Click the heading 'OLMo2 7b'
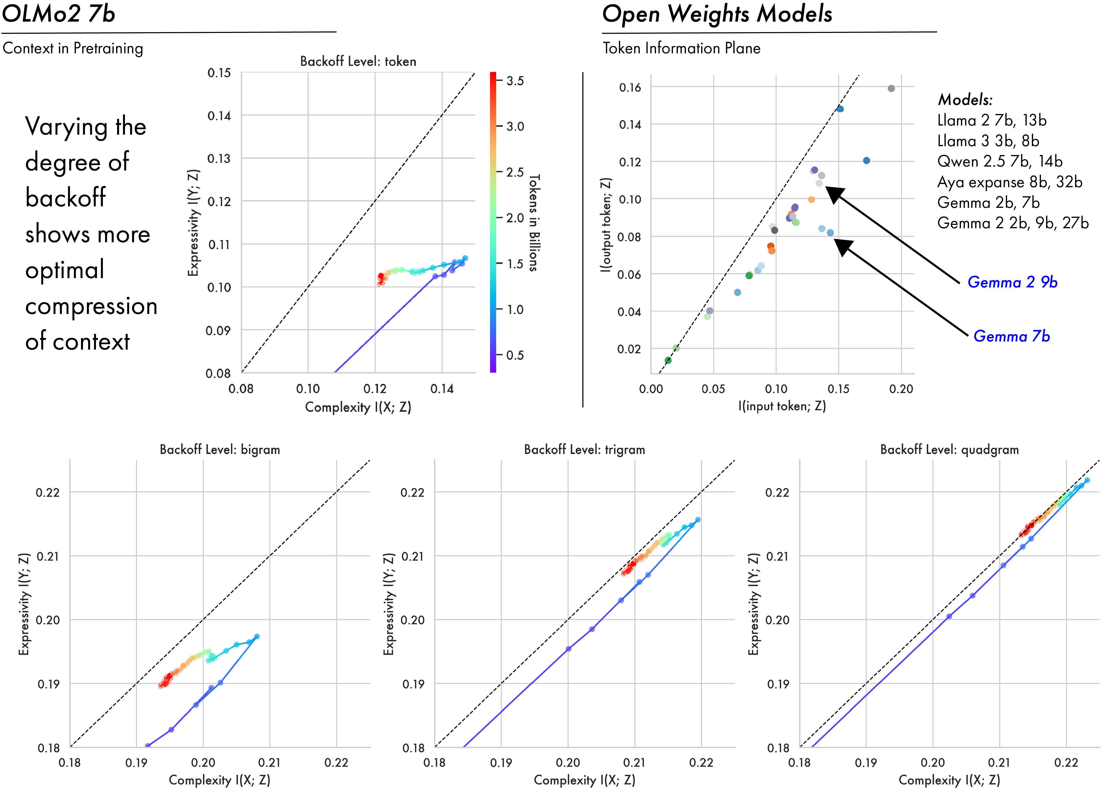pyautogui.click(x=59, y=14)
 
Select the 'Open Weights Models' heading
pyautogui.click(x=717, y=14)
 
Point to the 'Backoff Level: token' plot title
pyautogui.click(x=358, y=61)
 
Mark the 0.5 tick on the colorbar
pyautogui.click(x=515, y=355)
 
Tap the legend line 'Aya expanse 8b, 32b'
pyautogui.click(x=1009, y=182)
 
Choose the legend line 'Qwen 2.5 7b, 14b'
pyautogui.click(x=1000, y=162)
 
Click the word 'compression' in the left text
pyautogui.click(x=91, y=306)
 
